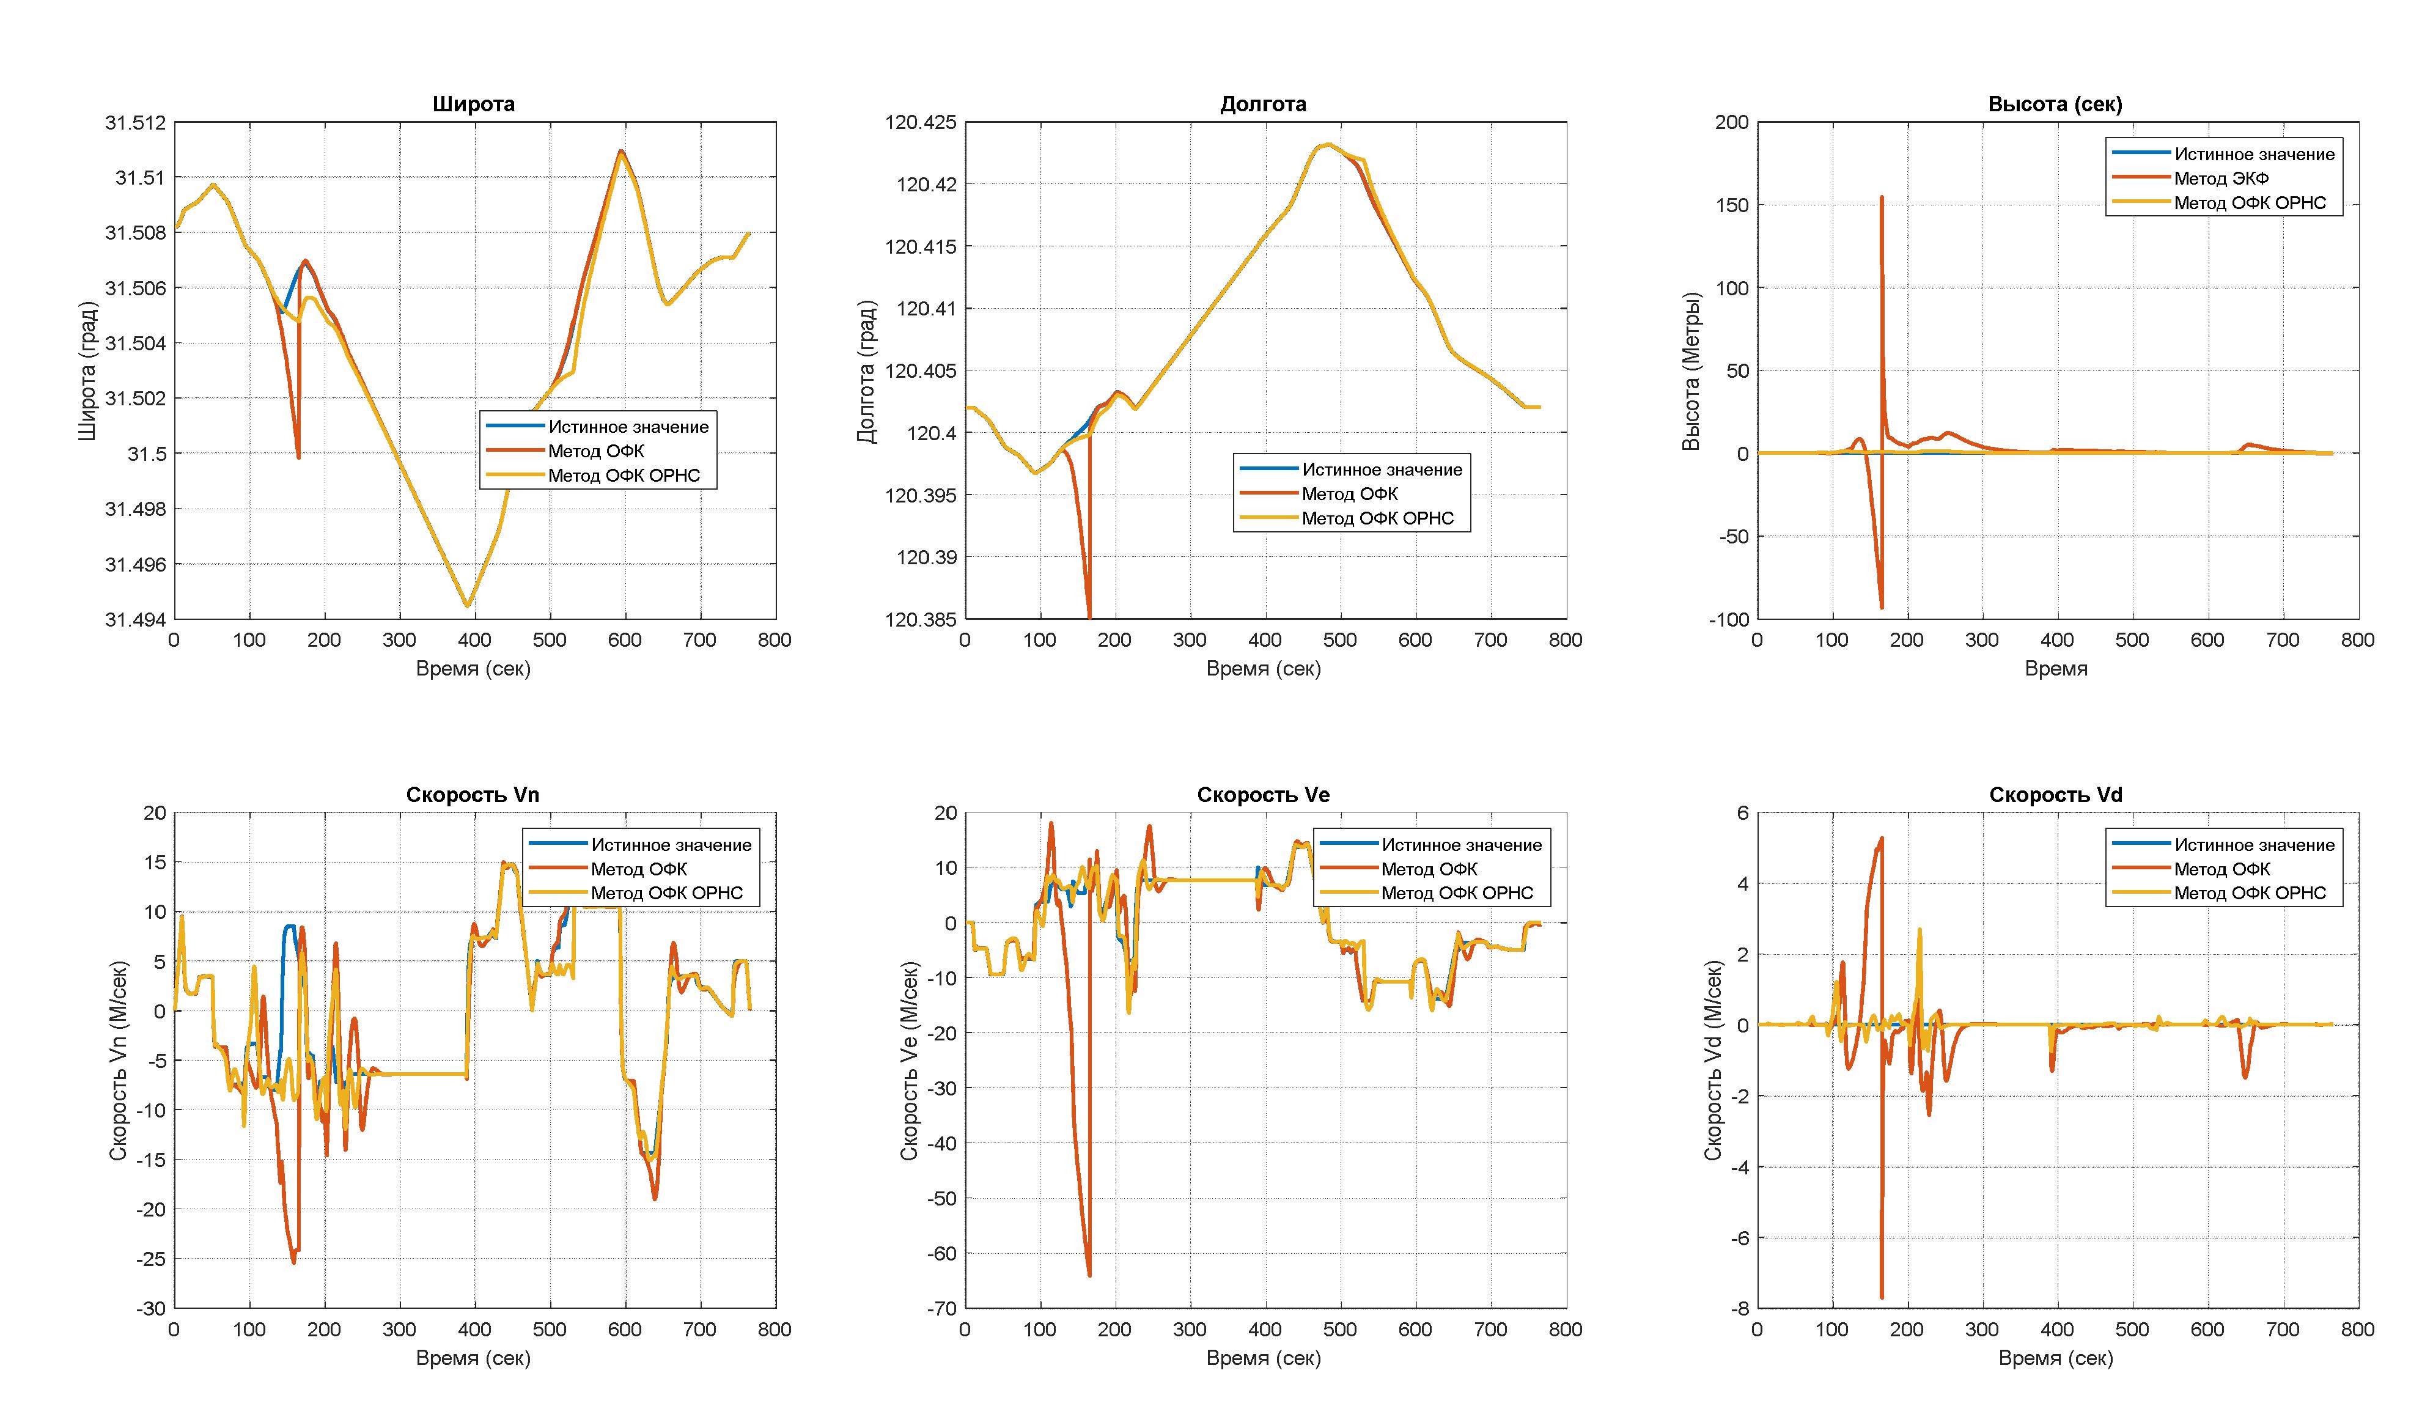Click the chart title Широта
(473, 104)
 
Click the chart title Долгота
(1263, 104)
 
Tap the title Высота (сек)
(2055, 104)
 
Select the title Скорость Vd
(2055, 795)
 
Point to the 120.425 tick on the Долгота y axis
(920, 122)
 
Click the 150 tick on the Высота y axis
(1732, 205)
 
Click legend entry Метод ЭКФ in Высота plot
(2221, 179)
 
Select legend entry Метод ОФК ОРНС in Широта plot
(624, 476)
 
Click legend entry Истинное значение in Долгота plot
(1381, 470)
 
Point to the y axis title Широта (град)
(87, 371)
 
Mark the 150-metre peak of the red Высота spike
(1881, 198)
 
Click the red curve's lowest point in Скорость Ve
(1089, 1275)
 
